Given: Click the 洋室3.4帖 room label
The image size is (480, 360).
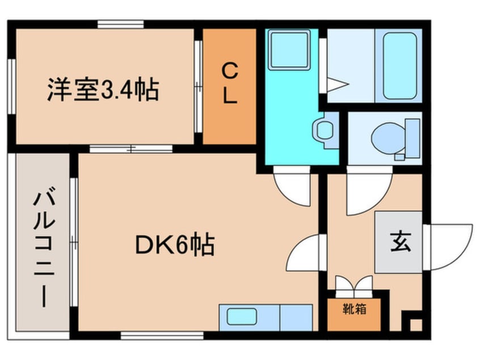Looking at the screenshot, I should [x=102, y=90].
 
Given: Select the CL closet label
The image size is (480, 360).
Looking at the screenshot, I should [x=229, y=84].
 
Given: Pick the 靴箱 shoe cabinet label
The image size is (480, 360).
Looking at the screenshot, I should [x=353, y=309].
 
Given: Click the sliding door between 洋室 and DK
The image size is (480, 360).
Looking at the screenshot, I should [x=130, y=149].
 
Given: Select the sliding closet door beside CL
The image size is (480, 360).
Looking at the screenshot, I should [x=199, y=85].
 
